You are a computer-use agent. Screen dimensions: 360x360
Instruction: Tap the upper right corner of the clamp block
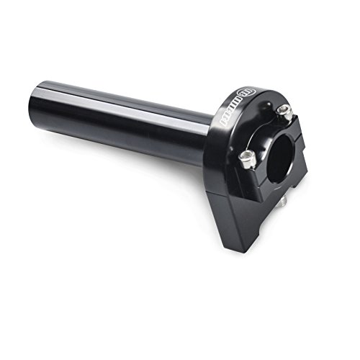point(297,119)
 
